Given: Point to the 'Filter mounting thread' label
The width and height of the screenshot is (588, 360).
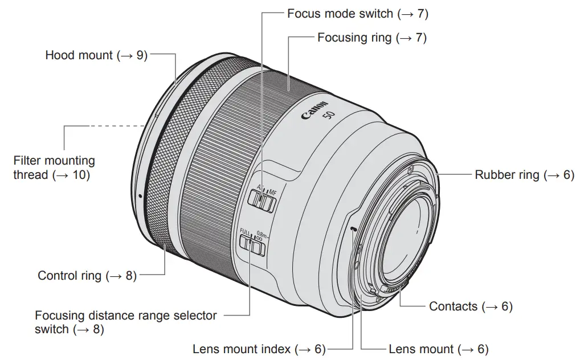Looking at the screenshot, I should point(54,168).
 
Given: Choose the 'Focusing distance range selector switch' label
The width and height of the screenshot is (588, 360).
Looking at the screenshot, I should point(125,322).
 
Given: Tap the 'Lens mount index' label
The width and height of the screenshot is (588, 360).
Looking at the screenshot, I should point(258,349).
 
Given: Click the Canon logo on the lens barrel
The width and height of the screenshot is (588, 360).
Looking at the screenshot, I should point(315,110).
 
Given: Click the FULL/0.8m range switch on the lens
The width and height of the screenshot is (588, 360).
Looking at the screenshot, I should point(252,246).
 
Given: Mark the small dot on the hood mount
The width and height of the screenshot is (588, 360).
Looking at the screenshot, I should point(140,197).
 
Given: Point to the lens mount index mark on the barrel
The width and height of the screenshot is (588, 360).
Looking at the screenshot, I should point(354,229).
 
